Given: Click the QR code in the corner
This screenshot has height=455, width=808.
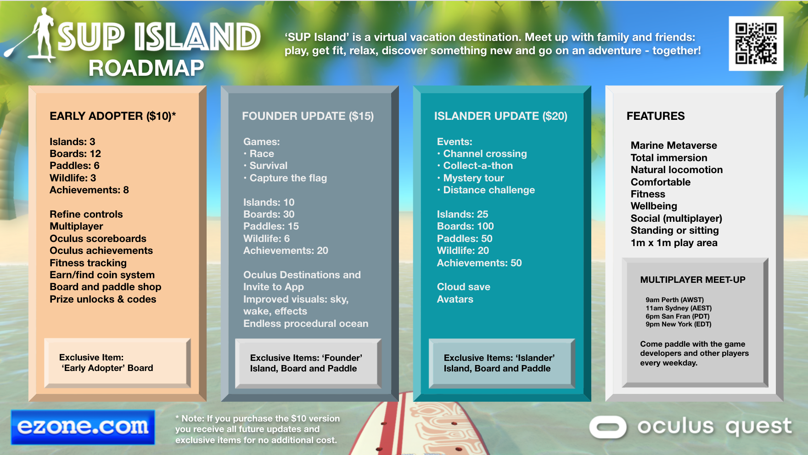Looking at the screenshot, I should [x=756, y=44].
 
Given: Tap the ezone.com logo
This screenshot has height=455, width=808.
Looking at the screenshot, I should [x=83, y=427].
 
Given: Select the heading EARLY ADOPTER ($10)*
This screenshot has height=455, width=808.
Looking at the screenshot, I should [x=112, y=116].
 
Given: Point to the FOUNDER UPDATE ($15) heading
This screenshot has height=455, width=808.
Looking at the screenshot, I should [x=308, y=116].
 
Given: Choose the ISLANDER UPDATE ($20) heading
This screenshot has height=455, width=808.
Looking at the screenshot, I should [x=500, y=116].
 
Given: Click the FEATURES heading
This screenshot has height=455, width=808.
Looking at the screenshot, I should [x=655, y=116].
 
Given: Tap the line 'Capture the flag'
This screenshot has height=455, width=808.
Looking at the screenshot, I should [x=288, y=178].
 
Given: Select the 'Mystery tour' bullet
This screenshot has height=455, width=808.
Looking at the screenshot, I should [x=473, y=178].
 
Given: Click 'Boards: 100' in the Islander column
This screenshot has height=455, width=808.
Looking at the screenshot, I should [x=465, y=226].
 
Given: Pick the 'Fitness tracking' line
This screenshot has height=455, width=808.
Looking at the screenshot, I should [x=88, y=263].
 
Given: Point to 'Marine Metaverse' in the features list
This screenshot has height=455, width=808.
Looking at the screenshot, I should [x=673, y=146].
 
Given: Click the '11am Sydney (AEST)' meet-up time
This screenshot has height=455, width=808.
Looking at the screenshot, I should [x=678, y=308].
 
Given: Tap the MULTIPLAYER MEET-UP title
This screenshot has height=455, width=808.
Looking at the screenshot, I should [x=692, y=280].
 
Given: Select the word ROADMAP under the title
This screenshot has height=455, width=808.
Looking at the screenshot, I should [x=146, y=68].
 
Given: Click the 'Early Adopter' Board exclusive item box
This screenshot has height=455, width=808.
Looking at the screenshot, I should [x=117, y=363].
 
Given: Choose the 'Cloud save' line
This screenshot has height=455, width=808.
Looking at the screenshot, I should [x=463, y=287].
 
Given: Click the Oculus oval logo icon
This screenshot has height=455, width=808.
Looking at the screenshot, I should [x=608, y=427].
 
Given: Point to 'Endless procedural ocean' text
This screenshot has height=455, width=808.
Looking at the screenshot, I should [x=306, y=324].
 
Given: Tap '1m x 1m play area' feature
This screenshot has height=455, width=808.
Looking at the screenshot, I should [x=673, y=243].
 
